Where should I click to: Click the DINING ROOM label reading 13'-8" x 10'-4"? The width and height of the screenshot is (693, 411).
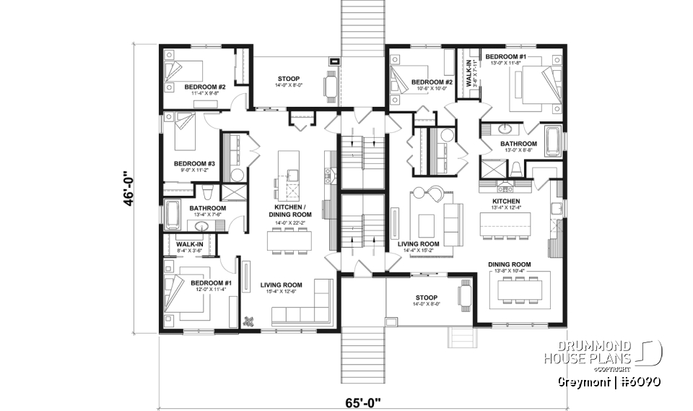point(509,268)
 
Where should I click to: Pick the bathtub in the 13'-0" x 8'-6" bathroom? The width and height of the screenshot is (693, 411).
point(553,142)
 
